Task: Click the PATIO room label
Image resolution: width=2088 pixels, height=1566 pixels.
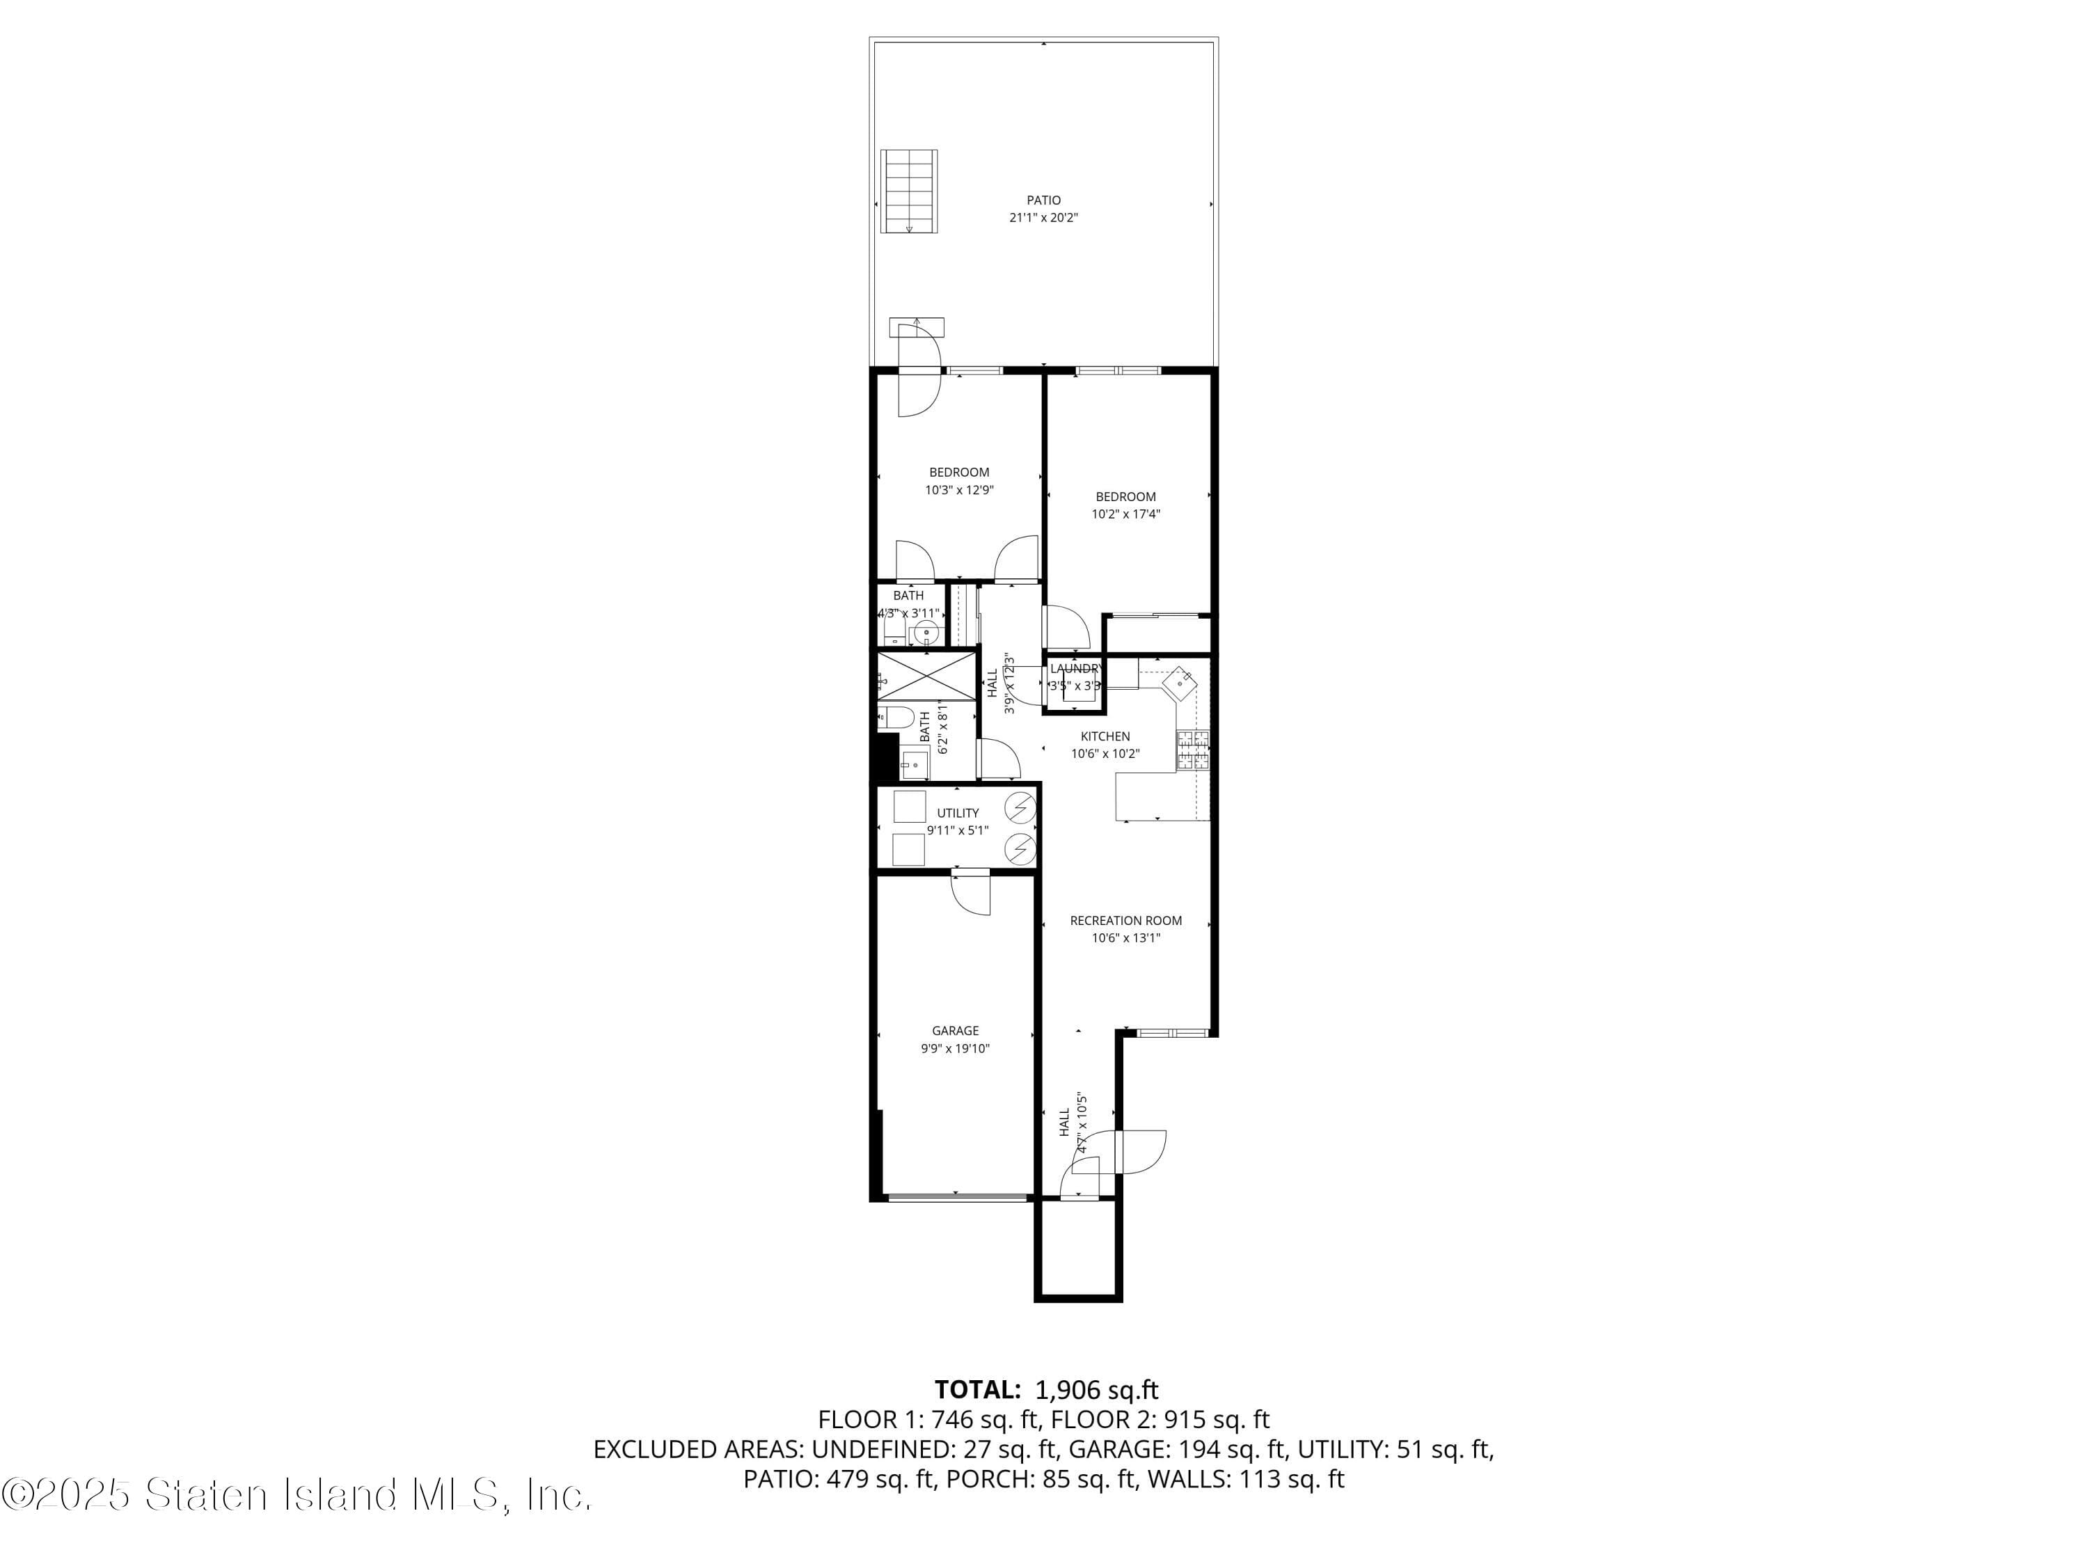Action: point(1043,200)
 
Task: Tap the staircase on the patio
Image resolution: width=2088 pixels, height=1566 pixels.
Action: point(909,191)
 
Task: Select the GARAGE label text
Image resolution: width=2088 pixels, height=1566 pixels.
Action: point(956,1031)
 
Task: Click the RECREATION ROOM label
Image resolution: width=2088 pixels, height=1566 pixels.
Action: point(1125,920)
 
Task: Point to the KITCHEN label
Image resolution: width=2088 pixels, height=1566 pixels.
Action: point(1105,736)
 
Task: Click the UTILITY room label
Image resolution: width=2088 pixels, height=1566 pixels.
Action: point(957,813)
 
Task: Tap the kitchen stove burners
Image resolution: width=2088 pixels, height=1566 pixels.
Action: point(1192,750)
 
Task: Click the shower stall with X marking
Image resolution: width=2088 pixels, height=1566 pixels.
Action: point(926,676)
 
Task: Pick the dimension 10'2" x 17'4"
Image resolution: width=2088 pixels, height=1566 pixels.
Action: point(1125,514)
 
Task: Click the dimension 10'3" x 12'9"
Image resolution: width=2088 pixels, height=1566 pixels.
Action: point(959,490)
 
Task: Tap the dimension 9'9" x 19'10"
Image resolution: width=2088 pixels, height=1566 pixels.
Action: point(956,1049)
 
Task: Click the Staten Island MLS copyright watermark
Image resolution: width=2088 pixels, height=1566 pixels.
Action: point(296,1494)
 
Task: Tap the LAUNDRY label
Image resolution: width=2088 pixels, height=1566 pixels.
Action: point(1075,668)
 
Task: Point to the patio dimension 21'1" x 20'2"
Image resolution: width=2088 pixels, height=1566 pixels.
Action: point(1043,218)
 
